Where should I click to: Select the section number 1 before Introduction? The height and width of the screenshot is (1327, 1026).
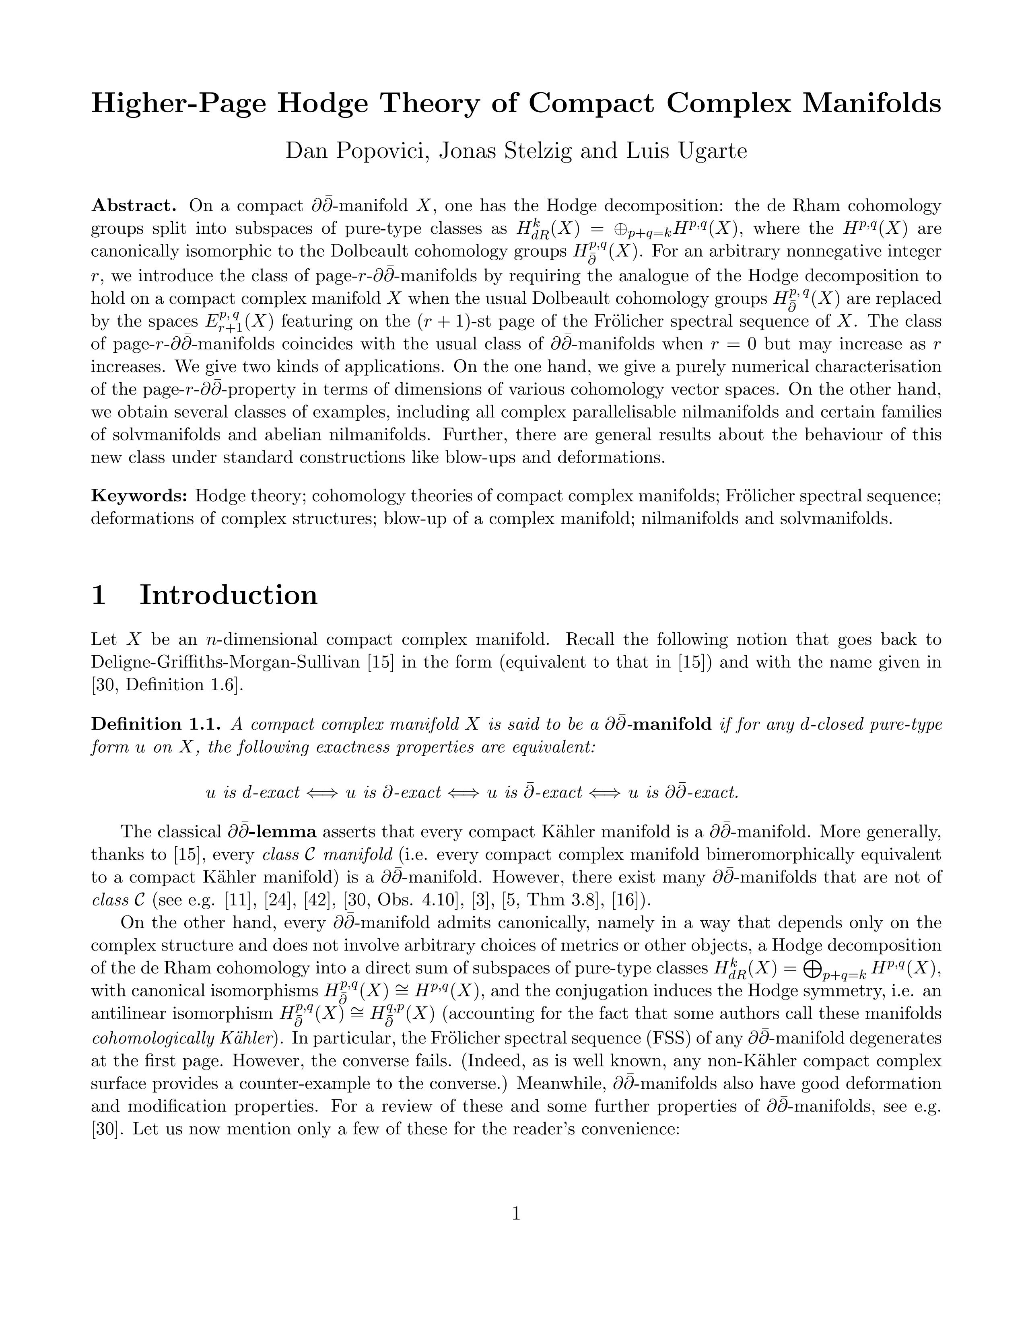click(x=99, y=595)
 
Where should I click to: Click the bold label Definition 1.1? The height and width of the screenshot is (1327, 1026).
click(x=159, y=724)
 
